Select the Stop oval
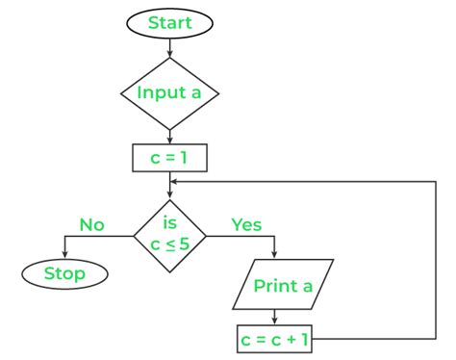point(64,273)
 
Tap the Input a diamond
point(169,93)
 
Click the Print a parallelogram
point(285,286)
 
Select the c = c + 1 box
point(276,339)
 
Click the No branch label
point(91,224)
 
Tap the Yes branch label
point(247,224)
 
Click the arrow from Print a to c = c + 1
point(276,319)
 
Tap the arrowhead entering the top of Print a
point(276,255)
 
